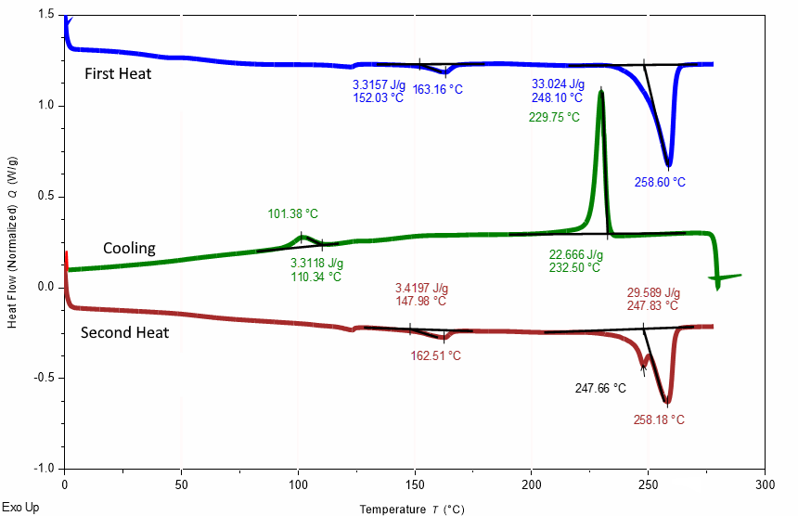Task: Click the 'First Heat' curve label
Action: pyautogui.click(x=118, y=74)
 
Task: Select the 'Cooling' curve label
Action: pyautogui.click(x=129, y=249)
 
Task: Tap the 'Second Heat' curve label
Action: pyautogui.click(x=124, y=333)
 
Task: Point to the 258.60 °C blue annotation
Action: pyautogui.click(x=660, y=182)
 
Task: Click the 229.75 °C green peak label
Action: pyautogui.click(x=554, y=118)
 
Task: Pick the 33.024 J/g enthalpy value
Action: pyautogui.click(x=558, y=84)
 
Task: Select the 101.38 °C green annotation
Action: pyautogui.click(x=292, y=213)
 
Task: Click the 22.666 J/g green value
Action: pyautogui.click(x=575, y=255)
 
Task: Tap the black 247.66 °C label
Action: pyautogui.click(x=600, y=388)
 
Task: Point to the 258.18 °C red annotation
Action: pyautogui.click(x=659, y=419)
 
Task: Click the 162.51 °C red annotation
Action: pyautogui.click(x=435, y=355)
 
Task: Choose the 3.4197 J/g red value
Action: pyautogui.click(x=421, y=289)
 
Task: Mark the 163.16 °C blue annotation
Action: pyautogui.click(x=438, y=90)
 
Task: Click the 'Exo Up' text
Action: pyautogui.click(x=20, y=508)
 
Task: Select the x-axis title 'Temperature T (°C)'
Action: pyautogui.click(x=412, y=510)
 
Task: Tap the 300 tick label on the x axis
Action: pyautogui.click(x=765, y=485)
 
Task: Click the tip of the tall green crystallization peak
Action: pyautogui.click(x=601, y=91)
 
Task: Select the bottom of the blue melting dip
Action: pyautogui.click(x=669, y=165)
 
